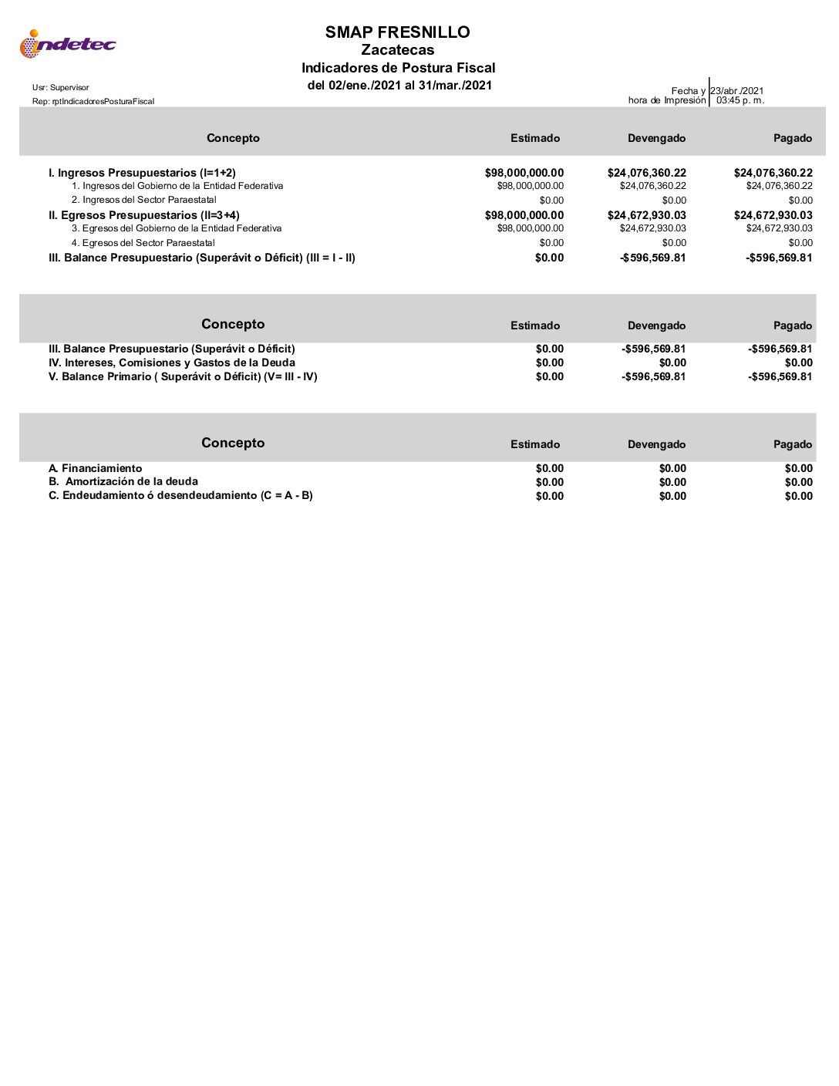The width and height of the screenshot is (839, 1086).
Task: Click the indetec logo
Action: (67, 44)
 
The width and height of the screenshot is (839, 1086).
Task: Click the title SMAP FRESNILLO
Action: (397, 32)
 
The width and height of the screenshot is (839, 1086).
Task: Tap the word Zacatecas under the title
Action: (397, 50)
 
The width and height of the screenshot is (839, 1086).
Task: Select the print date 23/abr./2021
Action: (737, 91)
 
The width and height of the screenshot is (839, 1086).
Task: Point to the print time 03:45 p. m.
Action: (740, 100)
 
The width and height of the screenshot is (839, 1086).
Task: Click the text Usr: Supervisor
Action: (60, 88)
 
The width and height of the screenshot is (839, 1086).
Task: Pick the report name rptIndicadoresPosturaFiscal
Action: (93, 102)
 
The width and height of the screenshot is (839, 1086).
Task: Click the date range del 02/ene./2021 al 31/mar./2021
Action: (399, 86)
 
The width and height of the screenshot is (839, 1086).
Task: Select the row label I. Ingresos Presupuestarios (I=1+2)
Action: (142, 173)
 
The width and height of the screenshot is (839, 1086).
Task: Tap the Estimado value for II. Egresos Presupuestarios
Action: (524, 215)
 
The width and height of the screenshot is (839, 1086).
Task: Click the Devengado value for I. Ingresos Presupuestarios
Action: (646, 173)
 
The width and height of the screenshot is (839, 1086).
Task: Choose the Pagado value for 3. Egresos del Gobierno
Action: (779, 228)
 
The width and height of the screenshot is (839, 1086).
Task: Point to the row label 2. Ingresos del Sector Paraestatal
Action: (144, 200)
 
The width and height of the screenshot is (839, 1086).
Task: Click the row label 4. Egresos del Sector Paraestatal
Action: (143, 243)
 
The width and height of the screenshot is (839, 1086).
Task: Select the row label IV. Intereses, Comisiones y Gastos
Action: (171, 363)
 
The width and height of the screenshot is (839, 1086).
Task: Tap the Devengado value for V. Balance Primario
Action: (653, 376)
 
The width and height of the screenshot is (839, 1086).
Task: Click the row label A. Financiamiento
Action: (95, 468)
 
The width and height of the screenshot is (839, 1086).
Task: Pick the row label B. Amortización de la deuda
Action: (123, 481)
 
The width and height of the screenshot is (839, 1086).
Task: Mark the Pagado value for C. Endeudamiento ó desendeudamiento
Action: (798, 496)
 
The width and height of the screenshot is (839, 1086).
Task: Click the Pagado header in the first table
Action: (793, 138)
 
